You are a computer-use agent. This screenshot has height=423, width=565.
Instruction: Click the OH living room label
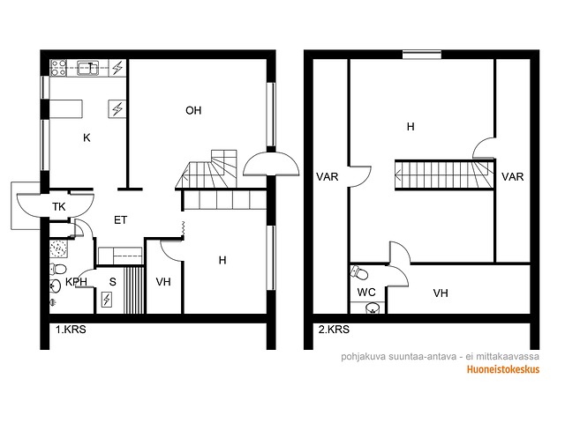(193, 110)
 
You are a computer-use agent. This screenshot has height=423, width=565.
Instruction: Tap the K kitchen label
(87, 137)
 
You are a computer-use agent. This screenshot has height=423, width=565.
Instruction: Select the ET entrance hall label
(120, 219)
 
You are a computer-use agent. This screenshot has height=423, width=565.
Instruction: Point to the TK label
(59, 207)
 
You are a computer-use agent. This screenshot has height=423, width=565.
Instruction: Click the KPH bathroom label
(76, 282)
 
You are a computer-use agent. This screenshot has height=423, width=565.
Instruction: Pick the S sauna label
(113, 282)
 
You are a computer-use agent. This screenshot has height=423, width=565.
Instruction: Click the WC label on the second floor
(366, 292)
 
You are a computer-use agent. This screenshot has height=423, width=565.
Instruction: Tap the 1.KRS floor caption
(71, 330)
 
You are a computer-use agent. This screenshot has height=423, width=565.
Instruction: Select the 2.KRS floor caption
(334, 330)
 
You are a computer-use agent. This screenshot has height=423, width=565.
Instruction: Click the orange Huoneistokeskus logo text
(503, 369)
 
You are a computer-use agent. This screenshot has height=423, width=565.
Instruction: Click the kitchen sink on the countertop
(88, 69)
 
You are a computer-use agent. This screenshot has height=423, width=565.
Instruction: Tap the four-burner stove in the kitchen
(58, 68)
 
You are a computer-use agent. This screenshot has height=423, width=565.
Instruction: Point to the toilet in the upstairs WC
(359, 272)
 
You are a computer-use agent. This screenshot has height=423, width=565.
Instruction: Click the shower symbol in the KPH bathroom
(58, 249)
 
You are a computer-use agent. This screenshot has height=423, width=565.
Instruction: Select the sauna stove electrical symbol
(107, 300)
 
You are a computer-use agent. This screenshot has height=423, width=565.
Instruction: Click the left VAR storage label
(328, 177)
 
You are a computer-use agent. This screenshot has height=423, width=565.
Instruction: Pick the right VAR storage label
(512, 177)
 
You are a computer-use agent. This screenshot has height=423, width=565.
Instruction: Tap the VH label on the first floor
(163, 282)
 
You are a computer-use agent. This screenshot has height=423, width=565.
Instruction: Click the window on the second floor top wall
(422, 55)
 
